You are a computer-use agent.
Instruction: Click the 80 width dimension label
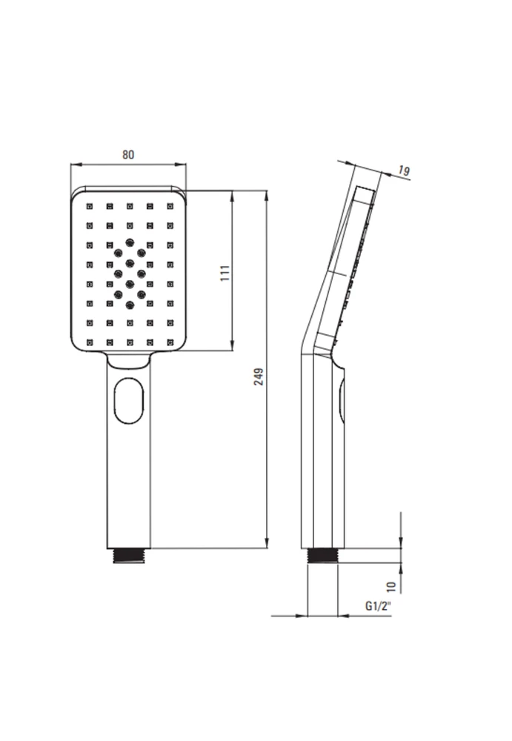coord(128,155)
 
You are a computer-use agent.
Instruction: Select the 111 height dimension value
coord(225,273)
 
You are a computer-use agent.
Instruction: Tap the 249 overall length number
coord(259,376)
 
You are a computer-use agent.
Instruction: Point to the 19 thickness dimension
coord(403,170)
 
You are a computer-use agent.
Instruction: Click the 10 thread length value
coord(391,587)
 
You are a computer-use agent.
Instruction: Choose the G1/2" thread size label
coord(379,606)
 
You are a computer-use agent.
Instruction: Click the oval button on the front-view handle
coord(129,399)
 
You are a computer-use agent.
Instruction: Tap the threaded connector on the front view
coord(129,556)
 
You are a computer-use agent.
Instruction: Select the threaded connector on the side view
coord(323,556)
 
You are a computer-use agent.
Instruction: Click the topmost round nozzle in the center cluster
coord(130,242)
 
